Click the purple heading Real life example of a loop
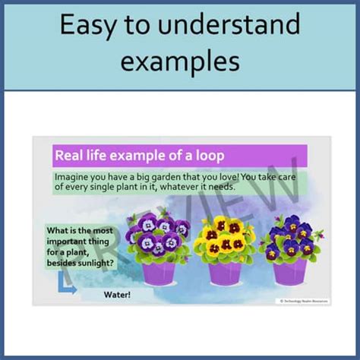point(139,156)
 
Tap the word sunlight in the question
point(97,264)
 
